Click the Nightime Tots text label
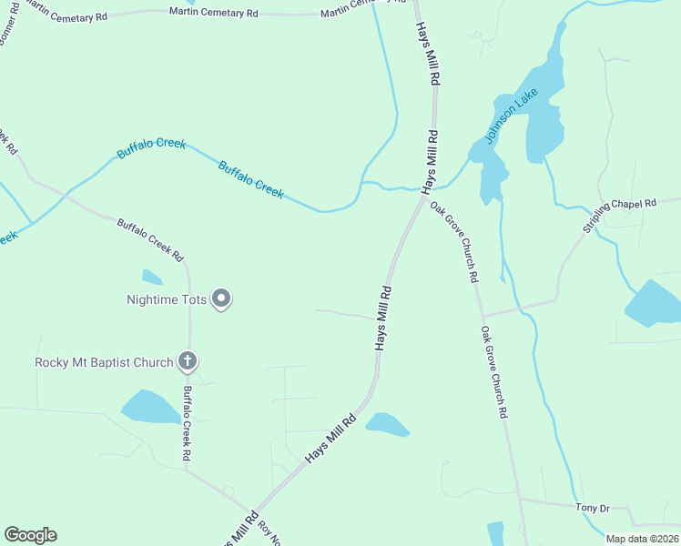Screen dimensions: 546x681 pos(168,298)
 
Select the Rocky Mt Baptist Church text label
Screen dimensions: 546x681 pos(103,362)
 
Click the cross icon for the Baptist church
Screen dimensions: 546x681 pos(188,361)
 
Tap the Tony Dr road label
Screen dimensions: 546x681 pos(591,507)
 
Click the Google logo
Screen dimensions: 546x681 pos(30,535)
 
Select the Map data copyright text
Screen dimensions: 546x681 pos(643,538)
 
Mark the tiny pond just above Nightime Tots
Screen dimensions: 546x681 pos(152,277)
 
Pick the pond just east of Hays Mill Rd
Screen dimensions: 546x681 pos(387,424)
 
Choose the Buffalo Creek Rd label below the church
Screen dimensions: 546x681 pos(187,422)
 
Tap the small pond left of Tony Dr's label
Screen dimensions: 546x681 pos(495,533)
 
